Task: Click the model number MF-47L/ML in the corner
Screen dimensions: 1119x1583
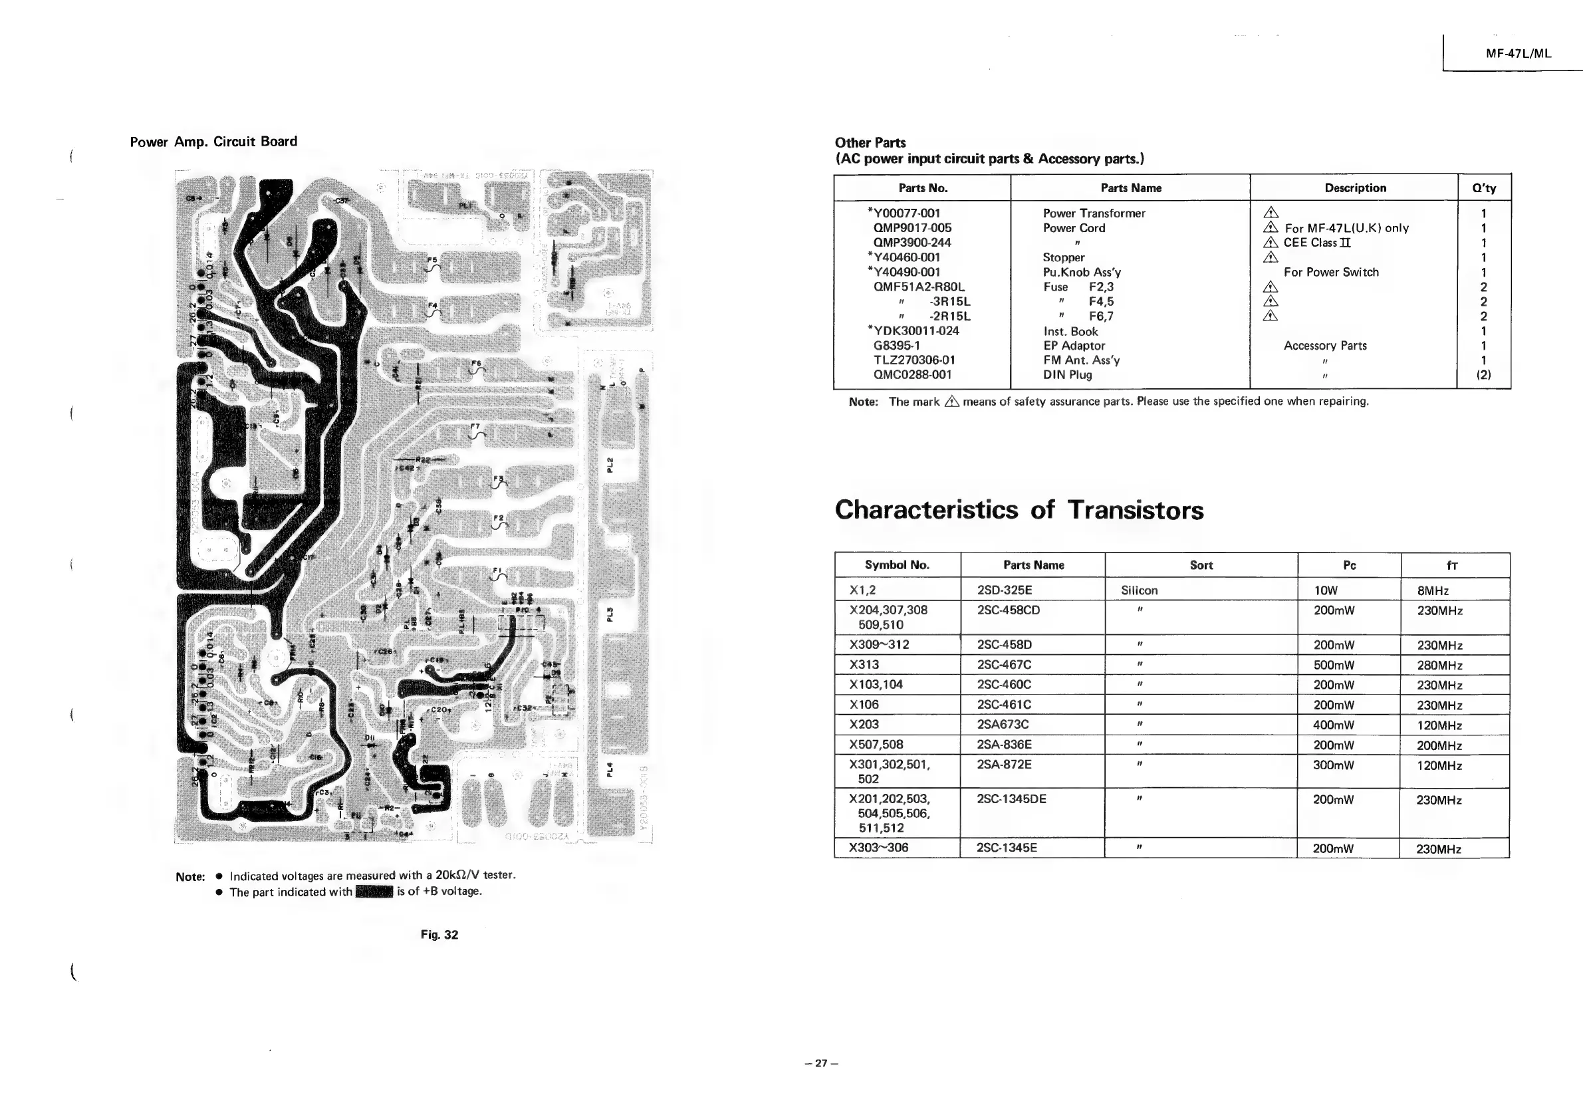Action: tap(1519, 54)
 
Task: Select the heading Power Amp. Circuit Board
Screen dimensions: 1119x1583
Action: tap(213, 142)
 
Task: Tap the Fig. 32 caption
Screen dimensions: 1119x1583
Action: tap(439, 935)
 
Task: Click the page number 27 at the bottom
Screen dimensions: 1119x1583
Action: tap(820, 1063)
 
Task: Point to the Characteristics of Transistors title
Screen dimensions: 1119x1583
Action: tap(1019, 510)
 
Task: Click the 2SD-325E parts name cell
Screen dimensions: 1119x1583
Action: tap(1004, 590)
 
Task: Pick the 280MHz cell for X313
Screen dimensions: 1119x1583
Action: tap(1439, 666)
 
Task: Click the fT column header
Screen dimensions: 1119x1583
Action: tap(1451, 565)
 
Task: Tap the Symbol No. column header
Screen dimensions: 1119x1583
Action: tap(897, 565)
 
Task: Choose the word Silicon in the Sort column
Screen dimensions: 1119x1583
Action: tap(1139, 590)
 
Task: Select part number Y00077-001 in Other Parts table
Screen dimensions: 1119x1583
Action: tap(906, 213)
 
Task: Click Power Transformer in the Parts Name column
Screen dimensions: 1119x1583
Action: tap(1094, 213)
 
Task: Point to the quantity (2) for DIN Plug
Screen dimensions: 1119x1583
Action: tap(1483, 375)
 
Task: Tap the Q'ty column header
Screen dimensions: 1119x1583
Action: tap(1484, 188)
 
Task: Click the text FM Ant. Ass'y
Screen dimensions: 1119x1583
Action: tap(1081, 360)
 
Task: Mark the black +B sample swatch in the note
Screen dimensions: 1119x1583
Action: tap(374, 892)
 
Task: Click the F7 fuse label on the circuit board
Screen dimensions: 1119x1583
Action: tap(474, 427)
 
